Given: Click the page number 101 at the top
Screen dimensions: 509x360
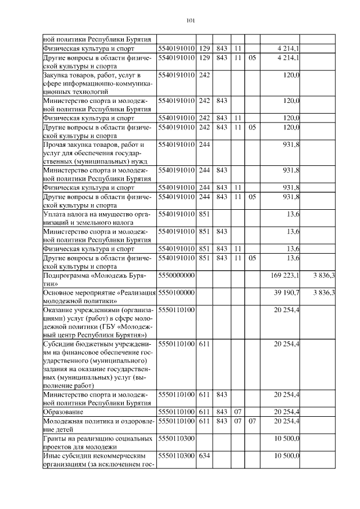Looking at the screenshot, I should [190, 21].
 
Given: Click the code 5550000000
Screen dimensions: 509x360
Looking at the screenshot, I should [177, 276].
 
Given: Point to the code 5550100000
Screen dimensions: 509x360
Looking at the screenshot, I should [177, 292].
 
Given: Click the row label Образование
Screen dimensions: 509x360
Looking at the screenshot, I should [64, 412].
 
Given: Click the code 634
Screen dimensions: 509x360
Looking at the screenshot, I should [205, 455].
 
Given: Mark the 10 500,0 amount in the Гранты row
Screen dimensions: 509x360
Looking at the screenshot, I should [286, 438].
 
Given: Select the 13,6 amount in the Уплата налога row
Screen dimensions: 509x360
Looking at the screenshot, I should [292, 214].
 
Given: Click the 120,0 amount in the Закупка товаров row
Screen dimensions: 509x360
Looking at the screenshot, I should [291, 75].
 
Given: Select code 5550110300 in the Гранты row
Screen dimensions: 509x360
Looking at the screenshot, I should [177, 438].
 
